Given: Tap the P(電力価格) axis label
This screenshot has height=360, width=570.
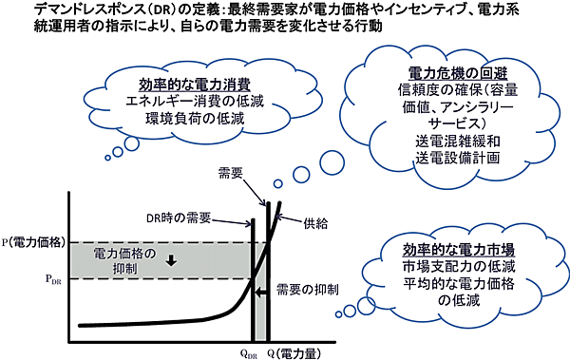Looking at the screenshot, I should [33, 243].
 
